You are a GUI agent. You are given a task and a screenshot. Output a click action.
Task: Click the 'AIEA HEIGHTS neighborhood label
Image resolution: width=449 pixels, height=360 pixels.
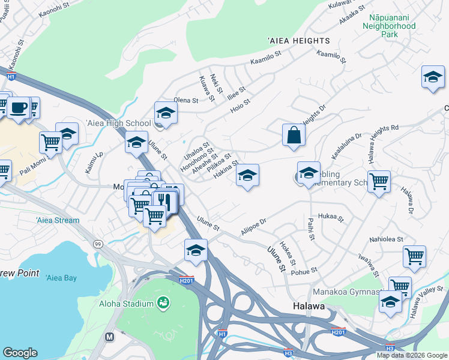tap(299, 40)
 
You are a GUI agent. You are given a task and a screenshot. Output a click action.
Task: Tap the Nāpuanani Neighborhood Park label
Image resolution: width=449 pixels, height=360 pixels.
tap(389, 26)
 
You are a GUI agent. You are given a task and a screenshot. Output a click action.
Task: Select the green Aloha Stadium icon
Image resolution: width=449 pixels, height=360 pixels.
tap(162, 301)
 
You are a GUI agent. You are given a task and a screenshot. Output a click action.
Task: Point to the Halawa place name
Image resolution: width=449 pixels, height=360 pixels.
tap(309, 306)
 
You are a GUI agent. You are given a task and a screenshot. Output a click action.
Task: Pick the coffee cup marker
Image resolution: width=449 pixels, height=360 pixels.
tap(19, 108)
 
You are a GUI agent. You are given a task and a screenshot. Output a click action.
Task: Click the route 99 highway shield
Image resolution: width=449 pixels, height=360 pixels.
tap(97, 244)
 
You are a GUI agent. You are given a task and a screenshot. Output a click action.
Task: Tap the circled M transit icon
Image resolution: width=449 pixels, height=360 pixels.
tap(109, 337)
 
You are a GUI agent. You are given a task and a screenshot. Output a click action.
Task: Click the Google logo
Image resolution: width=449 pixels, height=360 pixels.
tap(20, 353)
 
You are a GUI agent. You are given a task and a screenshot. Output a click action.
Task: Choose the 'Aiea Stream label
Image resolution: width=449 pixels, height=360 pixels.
tap(58, 220)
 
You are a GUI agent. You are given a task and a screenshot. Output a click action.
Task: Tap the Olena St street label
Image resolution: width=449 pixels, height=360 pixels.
tap(185, 100)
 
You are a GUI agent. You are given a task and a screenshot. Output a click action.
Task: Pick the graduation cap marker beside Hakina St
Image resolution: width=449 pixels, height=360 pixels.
tap(247, 175)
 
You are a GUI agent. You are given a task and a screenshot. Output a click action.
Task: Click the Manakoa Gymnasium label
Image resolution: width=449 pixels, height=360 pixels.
tap(348, 292)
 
